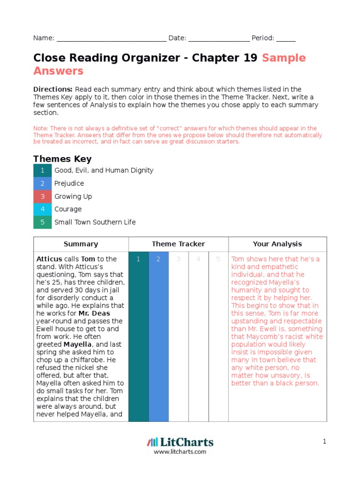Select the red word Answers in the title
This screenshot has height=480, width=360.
(58, 71)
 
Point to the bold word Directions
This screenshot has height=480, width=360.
(53, 89)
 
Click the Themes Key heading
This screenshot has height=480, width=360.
(62, 159)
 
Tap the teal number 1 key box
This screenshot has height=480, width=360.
(43, 171)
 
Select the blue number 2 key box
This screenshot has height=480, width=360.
(43, 183)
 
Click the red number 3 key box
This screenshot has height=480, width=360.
(43, 196)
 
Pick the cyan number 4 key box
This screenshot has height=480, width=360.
(43, 209)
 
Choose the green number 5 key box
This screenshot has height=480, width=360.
(43, 222)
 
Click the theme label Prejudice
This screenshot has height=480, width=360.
(69, 183)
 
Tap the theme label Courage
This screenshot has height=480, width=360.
(68, 209)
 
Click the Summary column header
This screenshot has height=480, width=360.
(81, 244)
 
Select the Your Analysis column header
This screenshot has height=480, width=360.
(277, 244)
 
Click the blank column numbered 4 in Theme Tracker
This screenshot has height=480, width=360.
(198, 337)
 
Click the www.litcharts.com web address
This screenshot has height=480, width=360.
(180, 452)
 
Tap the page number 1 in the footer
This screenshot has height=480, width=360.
(324, 442)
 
